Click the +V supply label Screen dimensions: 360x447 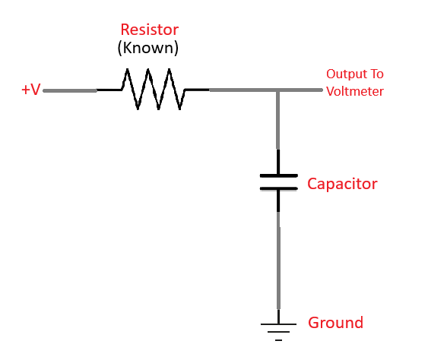click(x=30, y=90)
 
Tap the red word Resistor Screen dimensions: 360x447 click(x=149, y=30)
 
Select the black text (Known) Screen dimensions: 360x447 click(x=147, y=48)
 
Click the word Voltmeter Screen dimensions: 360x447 click(x=355, y=91)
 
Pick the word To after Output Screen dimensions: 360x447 click(x=376, y=74)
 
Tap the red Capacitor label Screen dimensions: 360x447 click(x=342, y=184)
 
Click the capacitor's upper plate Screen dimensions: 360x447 click(x=278, y=175)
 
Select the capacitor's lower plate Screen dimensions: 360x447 click(x=278, y=188)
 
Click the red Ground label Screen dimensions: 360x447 click(x=335, y=323)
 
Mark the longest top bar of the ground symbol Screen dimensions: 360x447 click(x=278, y=324)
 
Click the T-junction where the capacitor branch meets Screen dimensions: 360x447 click(x=278, y=90)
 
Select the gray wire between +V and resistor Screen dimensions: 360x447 click(x=70, y=90)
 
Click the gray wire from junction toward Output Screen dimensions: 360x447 click(x=301, y=90)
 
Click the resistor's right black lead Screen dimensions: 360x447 click(x=196, y=90)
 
